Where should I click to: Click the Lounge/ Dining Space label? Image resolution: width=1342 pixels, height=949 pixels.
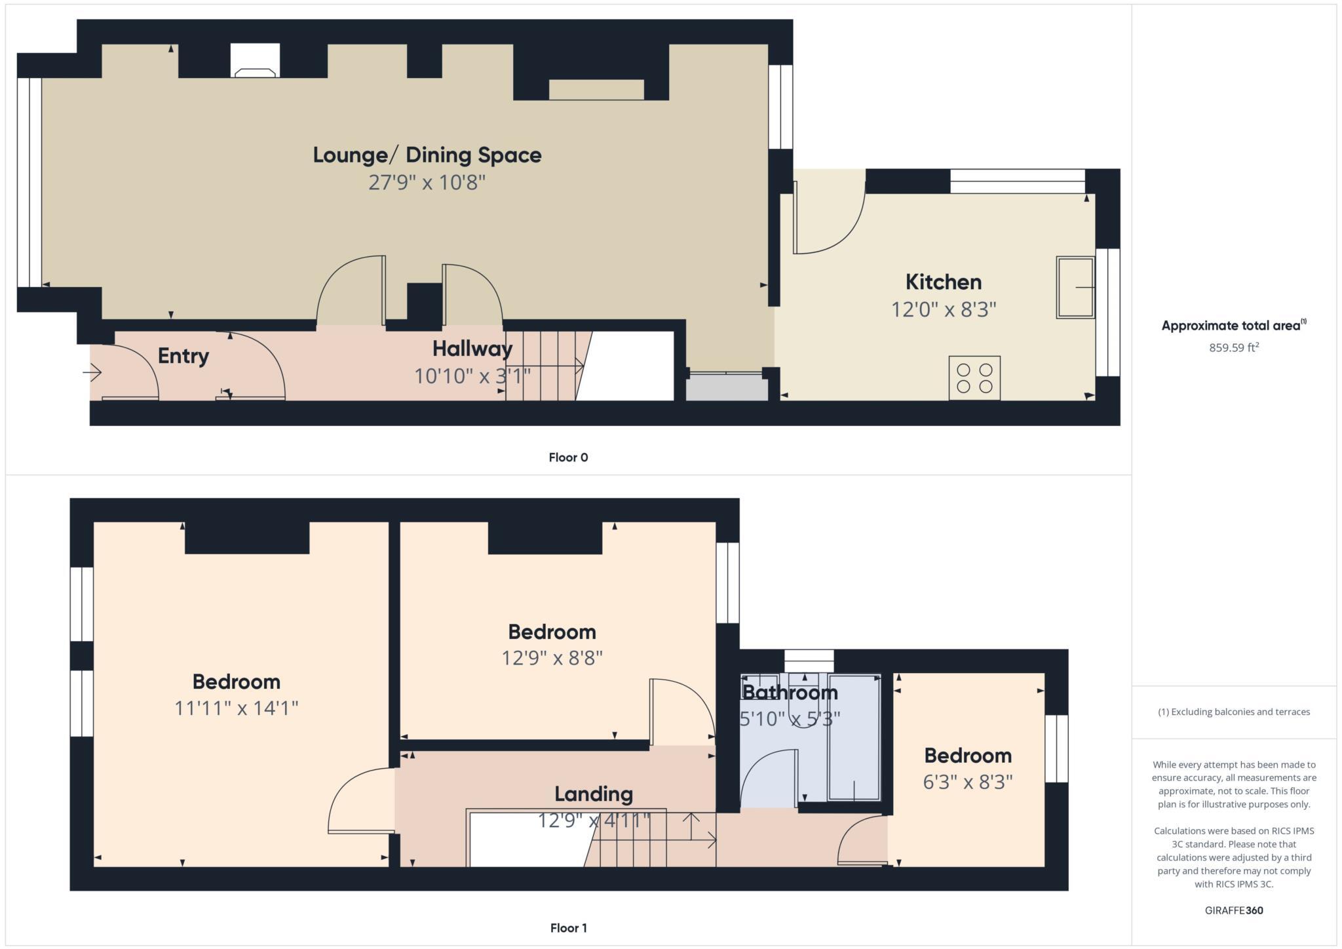pos(427,155)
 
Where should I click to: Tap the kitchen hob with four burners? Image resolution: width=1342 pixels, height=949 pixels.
pos(974,378)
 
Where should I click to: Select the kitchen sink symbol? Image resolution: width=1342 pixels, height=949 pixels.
pos(1075,287)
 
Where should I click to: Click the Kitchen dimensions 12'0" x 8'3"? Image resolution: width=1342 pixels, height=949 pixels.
pos(943,309)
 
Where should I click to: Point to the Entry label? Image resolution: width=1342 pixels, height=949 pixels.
pos(183,356)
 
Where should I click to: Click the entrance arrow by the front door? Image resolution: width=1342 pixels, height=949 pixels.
pos(92,373)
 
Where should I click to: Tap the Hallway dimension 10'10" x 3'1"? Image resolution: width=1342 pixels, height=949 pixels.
pos(472,376)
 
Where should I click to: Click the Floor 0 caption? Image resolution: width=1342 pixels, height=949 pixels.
pos(568,457)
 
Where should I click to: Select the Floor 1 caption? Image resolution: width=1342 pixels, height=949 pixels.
pos(568,928)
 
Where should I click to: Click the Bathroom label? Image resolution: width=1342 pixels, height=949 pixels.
pos(790,692)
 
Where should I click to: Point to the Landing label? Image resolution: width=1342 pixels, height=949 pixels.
pos(593,794)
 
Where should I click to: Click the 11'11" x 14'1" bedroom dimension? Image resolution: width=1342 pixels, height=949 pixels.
pos(237,708)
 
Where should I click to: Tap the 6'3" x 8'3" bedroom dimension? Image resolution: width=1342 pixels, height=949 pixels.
pos(968,782)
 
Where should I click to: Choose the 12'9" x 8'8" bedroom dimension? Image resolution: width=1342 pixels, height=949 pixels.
pos(552,658)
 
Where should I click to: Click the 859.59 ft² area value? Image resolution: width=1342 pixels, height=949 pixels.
pos(1234,348)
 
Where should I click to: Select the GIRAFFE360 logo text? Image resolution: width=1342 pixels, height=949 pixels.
pos(1234,910)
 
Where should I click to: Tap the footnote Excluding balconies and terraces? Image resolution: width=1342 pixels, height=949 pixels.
pos(1234,712)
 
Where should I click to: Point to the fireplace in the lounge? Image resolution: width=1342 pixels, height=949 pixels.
pos(255,61)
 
